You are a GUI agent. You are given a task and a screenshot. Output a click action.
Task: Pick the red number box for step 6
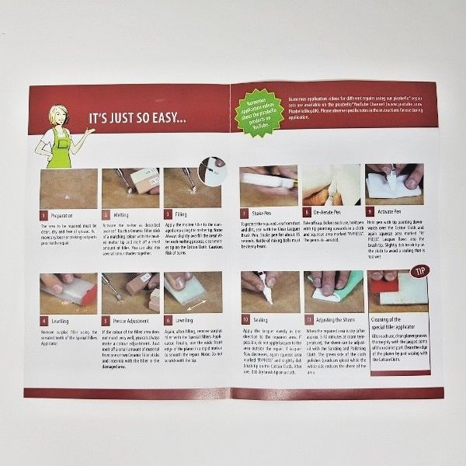[168, 319]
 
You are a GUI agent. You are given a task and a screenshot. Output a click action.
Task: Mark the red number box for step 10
[245, 318]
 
